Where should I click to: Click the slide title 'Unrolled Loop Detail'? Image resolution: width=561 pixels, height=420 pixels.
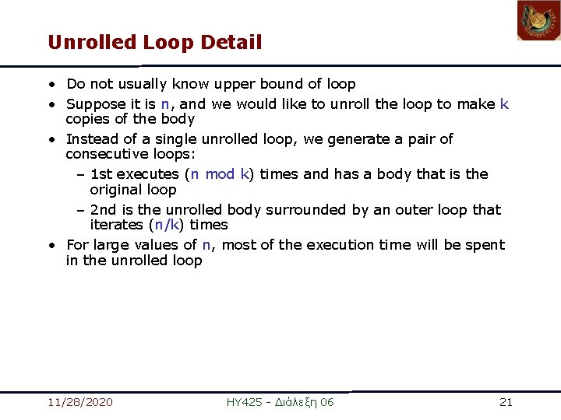tap(154, 42)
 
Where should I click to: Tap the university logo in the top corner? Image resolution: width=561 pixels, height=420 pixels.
tap(538, 21)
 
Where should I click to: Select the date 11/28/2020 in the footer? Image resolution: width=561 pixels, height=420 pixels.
tap(79, 402)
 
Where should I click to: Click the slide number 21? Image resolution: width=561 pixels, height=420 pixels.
tap(506, 402)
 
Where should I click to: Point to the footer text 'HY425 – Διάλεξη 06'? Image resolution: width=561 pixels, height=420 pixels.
tap(280, 402)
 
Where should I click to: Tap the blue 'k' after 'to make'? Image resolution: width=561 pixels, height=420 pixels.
tap(504, 104)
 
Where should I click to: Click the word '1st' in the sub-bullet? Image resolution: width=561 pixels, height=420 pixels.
tap(102, 174)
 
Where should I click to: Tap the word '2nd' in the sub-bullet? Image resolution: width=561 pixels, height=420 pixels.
tap(104, 210)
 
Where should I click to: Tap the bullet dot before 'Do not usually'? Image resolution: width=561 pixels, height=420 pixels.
tap(51, 85)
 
